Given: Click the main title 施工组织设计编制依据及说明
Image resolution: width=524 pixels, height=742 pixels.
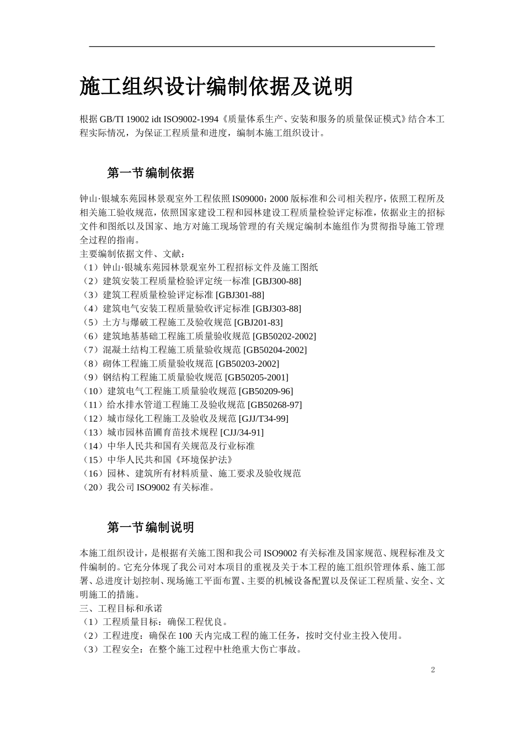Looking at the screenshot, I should [x=216, y=87].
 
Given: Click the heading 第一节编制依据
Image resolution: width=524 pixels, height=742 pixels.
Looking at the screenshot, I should [x=151, y=173].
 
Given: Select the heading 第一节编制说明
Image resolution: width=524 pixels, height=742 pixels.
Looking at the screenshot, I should [x=151, y=528].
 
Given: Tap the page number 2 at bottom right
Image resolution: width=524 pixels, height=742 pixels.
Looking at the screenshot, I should [x=433, y=670].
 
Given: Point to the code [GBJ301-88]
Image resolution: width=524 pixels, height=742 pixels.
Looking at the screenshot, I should [x=240, y=295].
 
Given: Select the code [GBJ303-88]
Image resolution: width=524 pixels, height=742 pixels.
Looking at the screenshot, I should [x=277, y=309].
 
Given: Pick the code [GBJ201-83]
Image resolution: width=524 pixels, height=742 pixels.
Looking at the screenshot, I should [x=258, y=322].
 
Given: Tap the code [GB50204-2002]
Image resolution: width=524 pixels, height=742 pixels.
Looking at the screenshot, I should [x=275, y=350].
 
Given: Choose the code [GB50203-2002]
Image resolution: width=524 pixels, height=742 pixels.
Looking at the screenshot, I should [x=248, y=364].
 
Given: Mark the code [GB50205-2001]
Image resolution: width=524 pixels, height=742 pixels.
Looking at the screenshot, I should [x=256, y=378].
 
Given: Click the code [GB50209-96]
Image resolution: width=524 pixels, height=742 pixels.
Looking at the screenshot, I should [x=266, y=391].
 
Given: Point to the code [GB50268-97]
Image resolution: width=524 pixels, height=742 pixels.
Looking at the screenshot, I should [x=275, y=405].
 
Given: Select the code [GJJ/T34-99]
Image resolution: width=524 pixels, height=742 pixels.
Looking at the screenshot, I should [x=263, y=418].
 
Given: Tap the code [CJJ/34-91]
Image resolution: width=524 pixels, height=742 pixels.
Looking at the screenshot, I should [x=242, y=432].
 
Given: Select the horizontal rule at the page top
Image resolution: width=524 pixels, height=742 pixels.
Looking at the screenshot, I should [x=262, y=46].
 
